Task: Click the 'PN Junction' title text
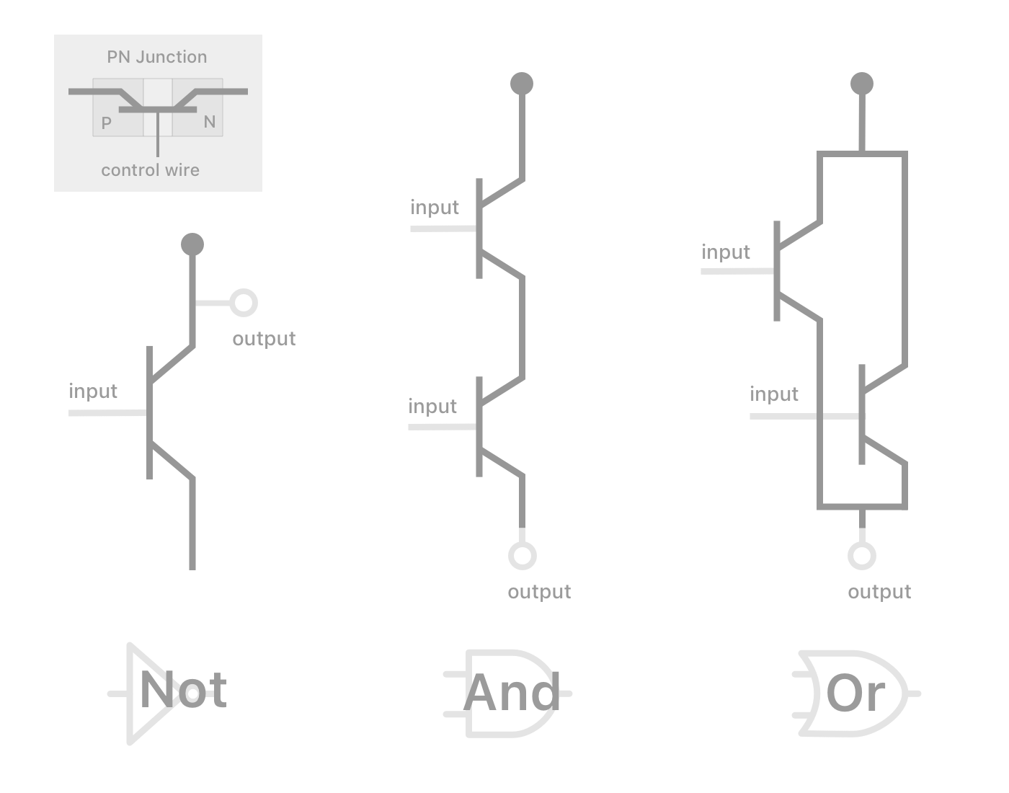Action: pos(156,57)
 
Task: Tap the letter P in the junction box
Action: pos(107,123)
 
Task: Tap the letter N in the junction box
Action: pos(210,122)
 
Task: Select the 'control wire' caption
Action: pos(150,170)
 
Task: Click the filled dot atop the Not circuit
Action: pos(192,244)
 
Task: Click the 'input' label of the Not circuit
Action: pos(93,391)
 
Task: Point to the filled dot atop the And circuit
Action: pos(522,84)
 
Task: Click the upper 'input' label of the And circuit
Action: pos(435,208)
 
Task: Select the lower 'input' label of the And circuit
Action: pos(432,407)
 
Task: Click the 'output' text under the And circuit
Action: pos(539,592)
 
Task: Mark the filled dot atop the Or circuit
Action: pos(862,84)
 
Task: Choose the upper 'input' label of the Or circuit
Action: pos(726,252)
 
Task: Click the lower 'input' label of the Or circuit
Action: pos(774,394)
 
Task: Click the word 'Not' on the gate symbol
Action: pos(183,691)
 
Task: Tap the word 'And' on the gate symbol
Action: pos(512,692)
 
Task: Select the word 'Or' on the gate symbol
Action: pos(855,693)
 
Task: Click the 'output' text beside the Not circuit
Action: pos(264,339)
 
